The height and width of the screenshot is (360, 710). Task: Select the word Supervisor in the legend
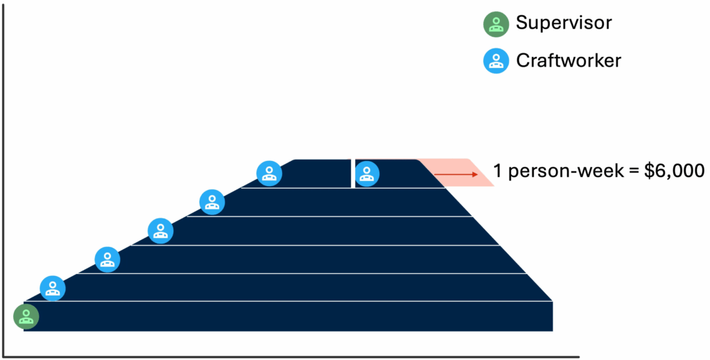click(564, 23)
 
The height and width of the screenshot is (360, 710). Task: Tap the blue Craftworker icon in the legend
click(495, 61)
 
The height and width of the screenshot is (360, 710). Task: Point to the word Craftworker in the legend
click(569, 60)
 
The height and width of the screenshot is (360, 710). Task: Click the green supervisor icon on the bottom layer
click(26, 316)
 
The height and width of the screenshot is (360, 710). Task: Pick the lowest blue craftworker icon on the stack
click(52, 288)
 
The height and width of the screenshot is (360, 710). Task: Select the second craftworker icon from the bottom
click(107, 259)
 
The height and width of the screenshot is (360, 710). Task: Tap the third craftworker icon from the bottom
click(161, 230)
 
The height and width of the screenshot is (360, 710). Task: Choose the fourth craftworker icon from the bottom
click(212, 202)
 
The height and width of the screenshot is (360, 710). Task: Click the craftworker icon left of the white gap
click(269, 173)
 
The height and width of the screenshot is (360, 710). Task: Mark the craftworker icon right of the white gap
click(367, 173)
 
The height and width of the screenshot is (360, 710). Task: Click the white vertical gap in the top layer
click(353, 173)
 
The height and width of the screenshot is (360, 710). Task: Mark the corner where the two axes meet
click(6, 357)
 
